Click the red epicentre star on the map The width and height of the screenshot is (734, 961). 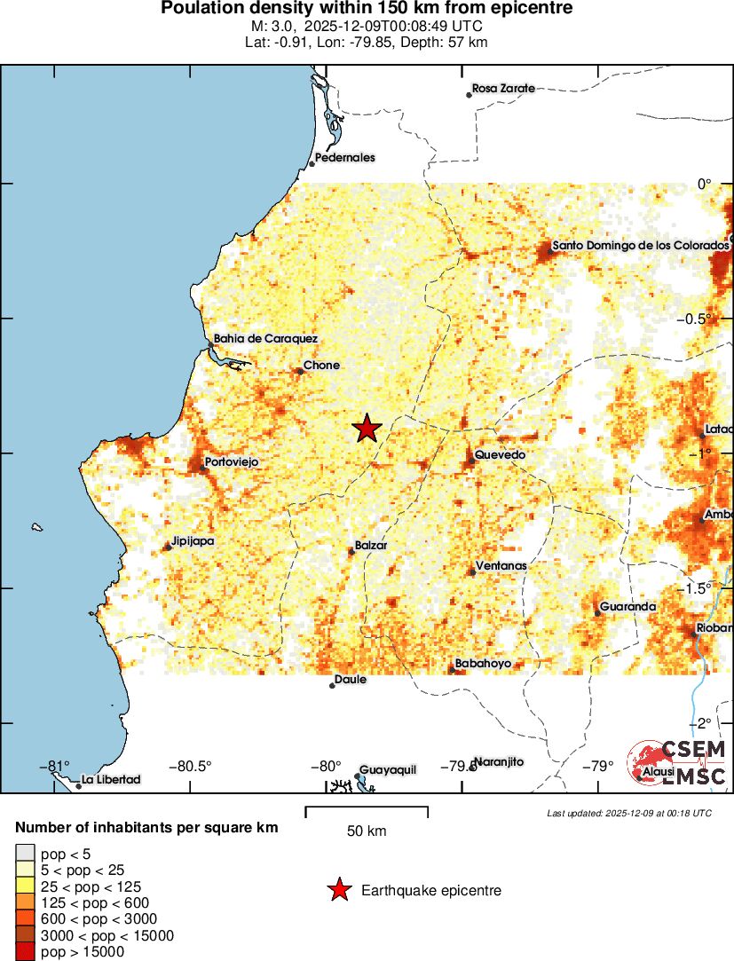coord(367,429)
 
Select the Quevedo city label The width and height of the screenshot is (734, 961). coord(500,455)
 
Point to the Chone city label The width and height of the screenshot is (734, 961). coord(321,366)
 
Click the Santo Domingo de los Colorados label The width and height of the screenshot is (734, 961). coord(640,245)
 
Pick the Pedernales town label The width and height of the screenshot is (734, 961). coord(344,158)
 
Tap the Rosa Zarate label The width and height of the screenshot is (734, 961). coord(503,89)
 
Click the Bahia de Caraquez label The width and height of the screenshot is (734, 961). coord(265,338)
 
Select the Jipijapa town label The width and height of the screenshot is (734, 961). coord(193,540)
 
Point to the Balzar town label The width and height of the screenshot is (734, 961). coord(372,546)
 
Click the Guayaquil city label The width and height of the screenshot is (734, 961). coord(388,770)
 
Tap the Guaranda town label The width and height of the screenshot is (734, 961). coord(627,607)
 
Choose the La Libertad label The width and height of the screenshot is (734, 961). coord(111,780)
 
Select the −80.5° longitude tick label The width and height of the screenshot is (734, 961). coord(192,767)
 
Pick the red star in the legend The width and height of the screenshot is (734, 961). coord(338,890)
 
